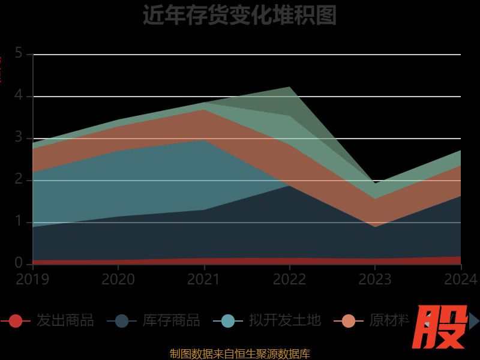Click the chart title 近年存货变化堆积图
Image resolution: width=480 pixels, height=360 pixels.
(239, 15)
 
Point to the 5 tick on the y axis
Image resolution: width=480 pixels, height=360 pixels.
(19, 53)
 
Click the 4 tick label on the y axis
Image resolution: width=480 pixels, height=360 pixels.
(19, 95)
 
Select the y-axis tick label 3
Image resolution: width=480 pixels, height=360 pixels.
(19, 137)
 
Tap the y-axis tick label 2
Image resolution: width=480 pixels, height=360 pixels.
(19, 179)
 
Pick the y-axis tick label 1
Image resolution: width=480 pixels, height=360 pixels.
(19, 221)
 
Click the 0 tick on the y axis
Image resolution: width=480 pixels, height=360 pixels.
(19, 263)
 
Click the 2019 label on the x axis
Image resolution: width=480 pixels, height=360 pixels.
(32, 279)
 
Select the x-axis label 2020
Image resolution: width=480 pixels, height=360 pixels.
(118, 279)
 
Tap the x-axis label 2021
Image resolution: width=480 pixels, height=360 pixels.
(204, 279)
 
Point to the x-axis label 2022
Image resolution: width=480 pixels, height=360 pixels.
(290, 279)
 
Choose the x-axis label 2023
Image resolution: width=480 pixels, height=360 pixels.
(375, 279)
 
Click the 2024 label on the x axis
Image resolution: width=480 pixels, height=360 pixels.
(461, 279)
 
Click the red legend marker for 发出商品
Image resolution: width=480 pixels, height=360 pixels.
(16, 321)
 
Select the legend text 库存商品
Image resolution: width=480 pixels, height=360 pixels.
(171, 320)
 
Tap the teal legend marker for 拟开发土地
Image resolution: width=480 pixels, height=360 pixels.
(228, 321)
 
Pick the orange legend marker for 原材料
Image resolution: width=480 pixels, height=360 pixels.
(349, 321)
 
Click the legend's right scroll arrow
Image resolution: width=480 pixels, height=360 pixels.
(474, 321)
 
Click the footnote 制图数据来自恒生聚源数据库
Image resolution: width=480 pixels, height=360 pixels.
(239, 353)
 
